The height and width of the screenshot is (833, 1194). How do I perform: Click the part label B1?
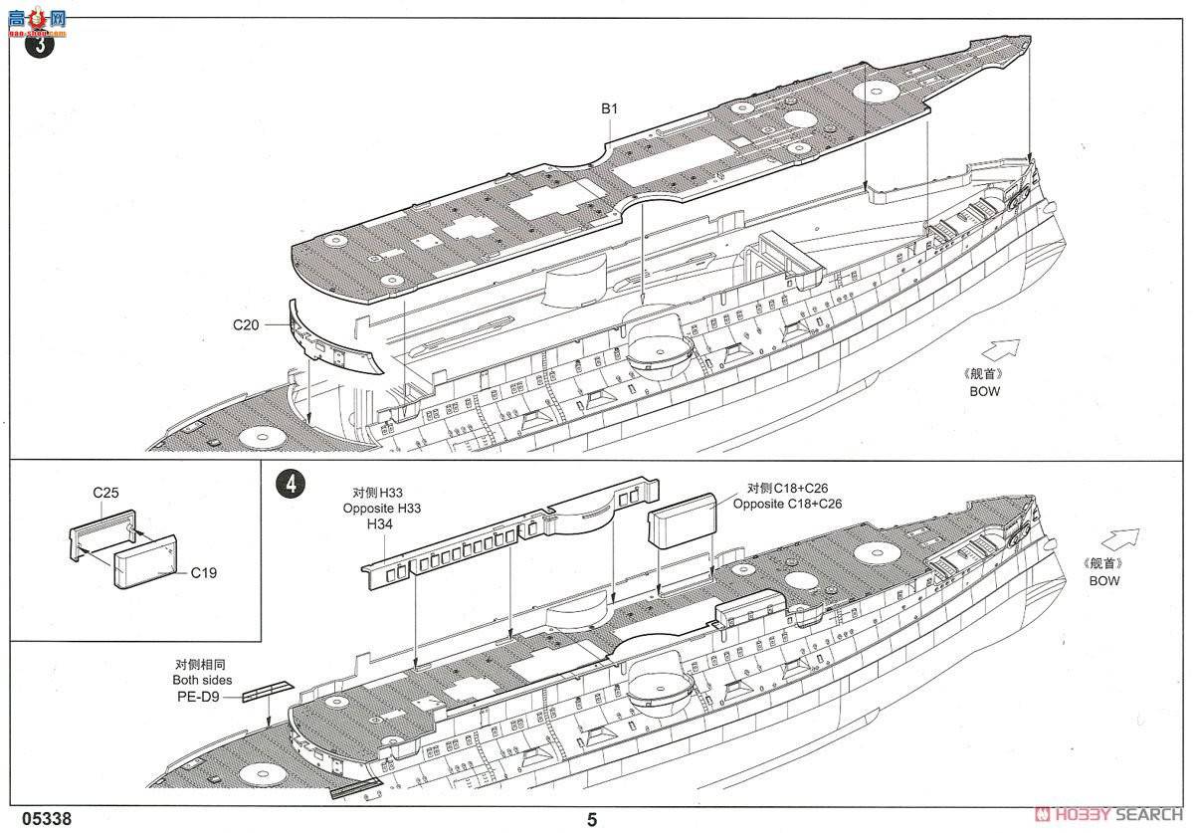tap(610, 108)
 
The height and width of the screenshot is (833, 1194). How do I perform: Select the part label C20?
tap(246, 324)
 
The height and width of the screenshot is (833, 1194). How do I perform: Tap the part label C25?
tap(106, 493)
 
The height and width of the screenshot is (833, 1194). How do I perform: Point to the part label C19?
tap(204, 572)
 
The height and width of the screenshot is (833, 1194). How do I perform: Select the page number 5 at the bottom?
tap(593, 820)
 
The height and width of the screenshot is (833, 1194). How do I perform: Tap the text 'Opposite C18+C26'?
tap(787, 505)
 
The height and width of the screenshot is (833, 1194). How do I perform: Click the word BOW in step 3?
tap(985, 391)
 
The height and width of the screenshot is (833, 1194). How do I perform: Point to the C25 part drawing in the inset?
tap(102, 525)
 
